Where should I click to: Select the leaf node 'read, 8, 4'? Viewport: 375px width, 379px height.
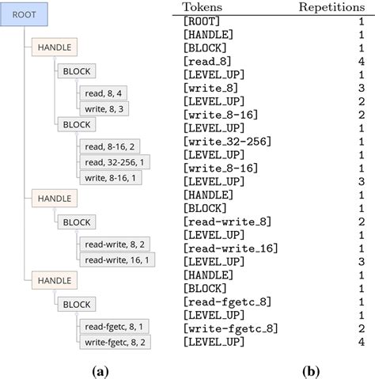pos(103,93)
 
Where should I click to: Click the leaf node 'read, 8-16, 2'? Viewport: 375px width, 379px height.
pos(109,147)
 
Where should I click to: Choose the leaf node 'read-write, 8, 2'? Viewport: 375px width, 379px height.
pos(114,244)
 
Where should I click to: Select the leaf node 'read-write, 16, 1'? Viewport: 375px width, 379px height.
pos(116,259)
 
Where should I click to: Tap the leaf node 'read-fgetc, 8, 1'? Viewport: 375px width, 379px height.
pos(114,326)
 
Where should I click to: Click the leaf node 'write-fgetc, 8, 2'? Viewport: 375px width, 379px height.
pos(115,341)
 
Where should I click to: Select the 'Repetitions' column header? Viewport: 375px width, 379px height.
pos(331,7)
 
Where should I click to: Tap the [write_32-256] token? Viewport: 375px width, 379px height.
pos(226,141)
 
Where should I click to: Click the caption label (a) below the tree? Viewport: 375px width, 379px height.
pos(100,370)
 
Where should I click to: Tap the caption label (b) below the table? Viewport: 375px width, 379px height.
pos(309,370)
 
